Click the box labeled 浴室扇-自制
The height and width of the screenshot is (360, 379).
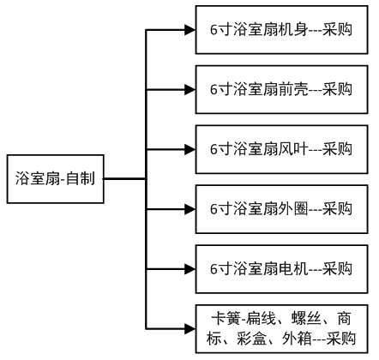[x=55, y=179]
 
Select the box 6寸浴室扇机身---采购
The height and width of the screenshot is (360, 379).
[x=281, y=30]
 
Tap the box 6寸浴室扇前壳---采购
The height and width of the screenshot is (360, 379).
[x=281, y=89]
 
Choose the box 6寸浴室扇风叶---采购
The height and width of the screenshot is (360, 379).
[x=281, y=149]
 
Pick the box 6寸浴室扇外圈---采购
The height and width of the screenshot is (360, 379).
[x=281, y=209]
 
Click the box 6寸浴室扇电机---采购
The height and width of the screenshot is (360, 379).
[x=281, y=269]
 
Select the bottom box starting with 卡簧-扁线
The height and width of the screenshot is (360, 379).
[x=281, y=329]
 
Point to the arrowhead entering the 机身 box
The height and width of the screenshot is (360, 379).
[x=190, y=30]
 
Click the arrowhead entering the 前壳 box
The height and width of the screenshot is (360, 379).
[x=190, y=90]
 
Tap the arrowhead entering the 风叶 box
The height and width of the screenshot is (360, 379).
[x=190, y=149]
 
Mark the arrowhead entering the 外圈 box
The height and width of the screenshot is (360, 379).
[x=190, y=209]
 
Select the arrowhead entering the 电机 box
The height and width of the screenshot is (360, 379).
[x=190, y=269]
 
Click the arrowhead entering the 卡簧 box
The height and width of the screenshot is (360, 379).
[x=190, y=329]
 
